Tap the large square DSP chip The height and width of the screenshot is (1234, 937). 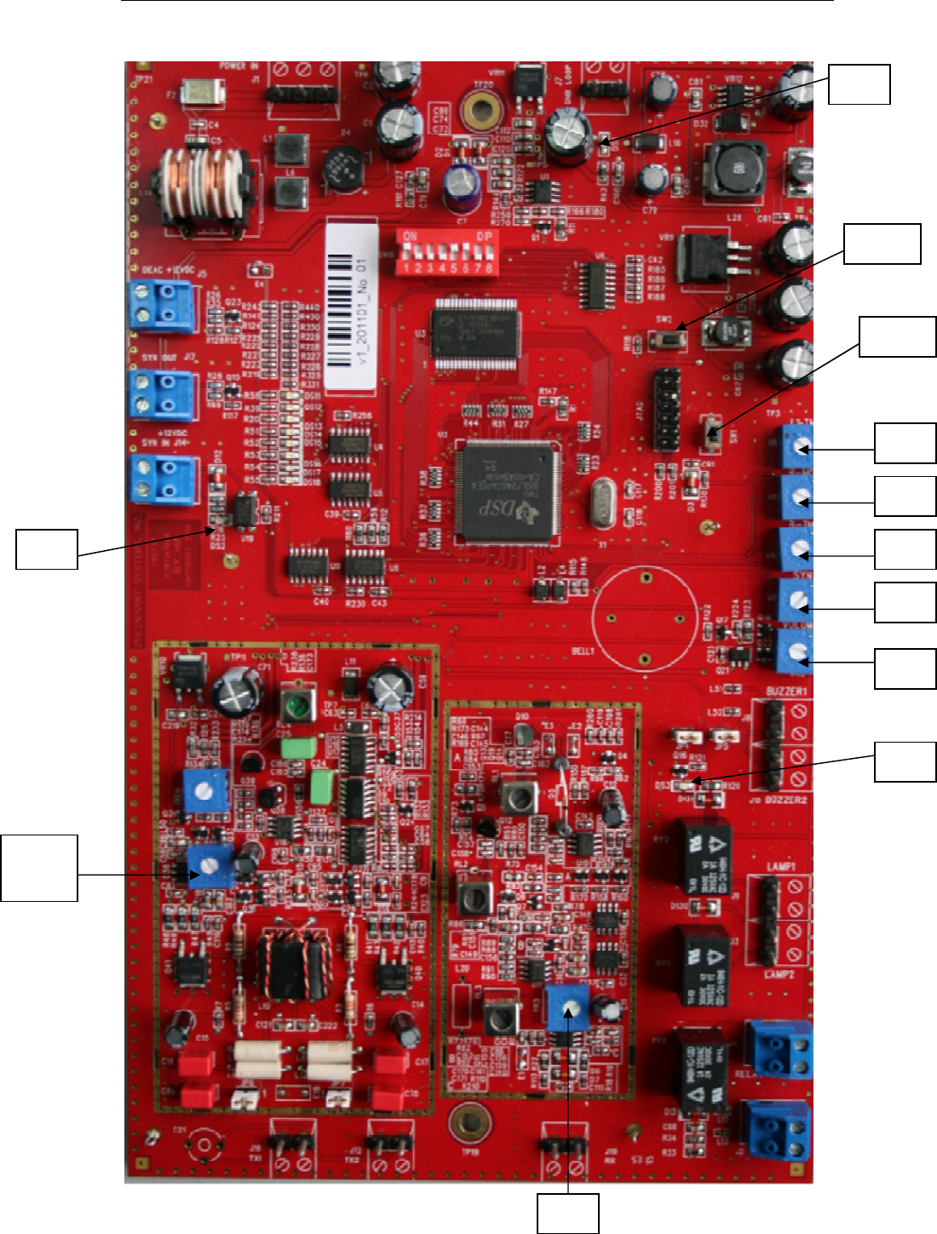click(507, 492)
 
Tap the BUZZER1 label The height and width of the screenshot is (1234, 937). click(785, 692)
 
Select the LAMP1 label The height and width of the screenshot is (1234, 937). click(780, 866)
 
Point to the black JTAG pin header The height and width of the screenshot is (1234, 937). click(667, 409)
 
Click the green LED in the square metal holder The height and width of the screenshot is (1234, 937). click(297, 705)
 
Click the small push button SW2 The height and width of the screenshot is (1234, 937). click(670, 340)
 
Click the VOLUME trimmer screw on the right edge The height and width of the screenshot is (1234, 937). click(797, 652)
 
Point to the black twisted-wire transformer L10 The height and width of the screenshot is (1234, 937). click(293, 964)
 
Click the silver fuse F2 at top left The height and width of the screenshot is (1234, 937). click(203, 92)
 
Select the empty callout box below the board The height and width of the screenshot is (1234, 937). click(567, 1213)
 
